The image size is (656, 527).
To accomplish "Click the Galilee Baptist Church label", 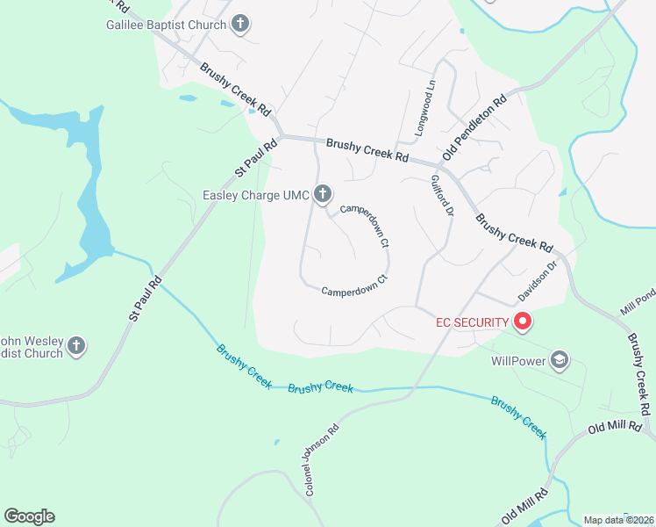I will (x=166, y=25).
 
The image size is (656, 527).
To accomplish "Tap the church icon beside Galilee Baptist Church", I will (x=240, y=25).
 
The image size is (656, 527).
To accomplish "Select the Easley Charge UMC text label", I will (x=256, y=195).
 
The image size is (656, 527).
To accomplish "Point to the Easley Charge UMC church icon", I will (x=323, y=194).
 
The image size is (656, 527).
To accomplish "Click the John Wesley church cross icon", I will (x=76, y=346).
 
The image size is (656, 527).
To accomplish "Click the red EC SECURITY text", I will (x=472, y=322).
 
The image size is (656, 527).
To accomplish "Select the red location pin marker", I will (x=523, y=321).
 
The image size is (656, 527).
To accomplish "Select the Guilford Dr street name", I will (x=441, y=196).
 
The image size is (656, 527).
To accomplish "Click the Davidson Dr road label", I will (x=538, y=279).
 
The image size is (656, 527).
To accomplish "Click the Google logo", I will (x=29, y=516).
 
